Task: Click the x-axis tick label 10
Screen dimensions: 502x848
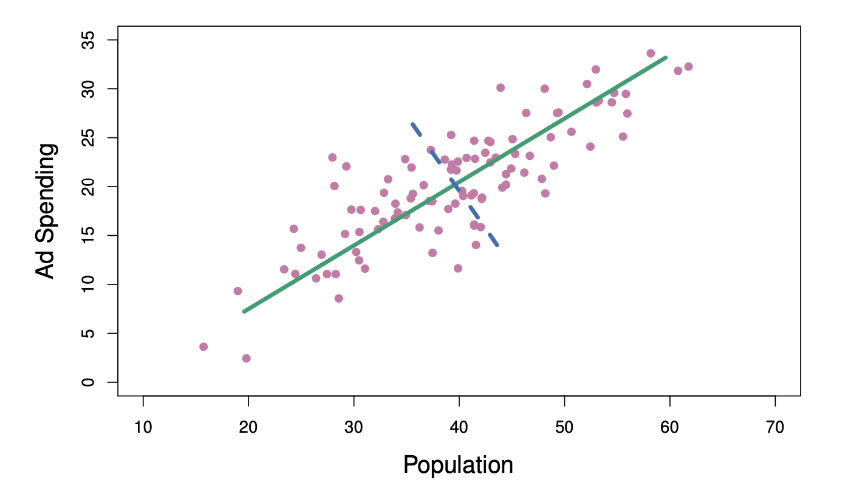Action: point(143,428)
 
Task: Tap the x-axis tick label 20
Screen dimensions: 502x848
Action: point(248,428)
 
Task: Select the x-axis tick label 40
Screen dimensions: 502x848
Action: point(459,428)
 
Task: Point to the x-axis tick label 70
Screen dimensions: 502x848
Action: point(775,428)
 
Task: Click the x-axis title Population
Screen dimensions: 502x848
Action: point(458,466)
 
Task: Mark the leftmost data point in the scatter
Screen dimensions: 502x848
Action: point(203,346)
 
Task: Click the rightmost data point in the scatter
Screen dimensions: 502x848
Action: point(688,66)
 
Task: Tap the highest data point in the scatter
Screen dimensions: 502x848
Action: point(651,53)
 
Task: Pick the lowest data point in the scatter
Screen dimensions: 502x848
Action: point(246,359)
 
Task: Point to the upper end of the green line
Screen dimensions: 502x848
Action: point(666,57)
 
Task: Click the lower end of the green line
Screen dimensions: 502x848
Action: point(244,311)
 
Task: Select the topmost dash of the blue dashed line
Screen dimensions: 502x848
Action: point(416,129)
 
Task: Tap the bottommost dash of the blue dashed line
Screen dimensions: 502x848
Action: point(493,239)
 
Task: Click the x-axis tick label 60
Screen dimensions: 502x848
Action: point(670,428)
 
